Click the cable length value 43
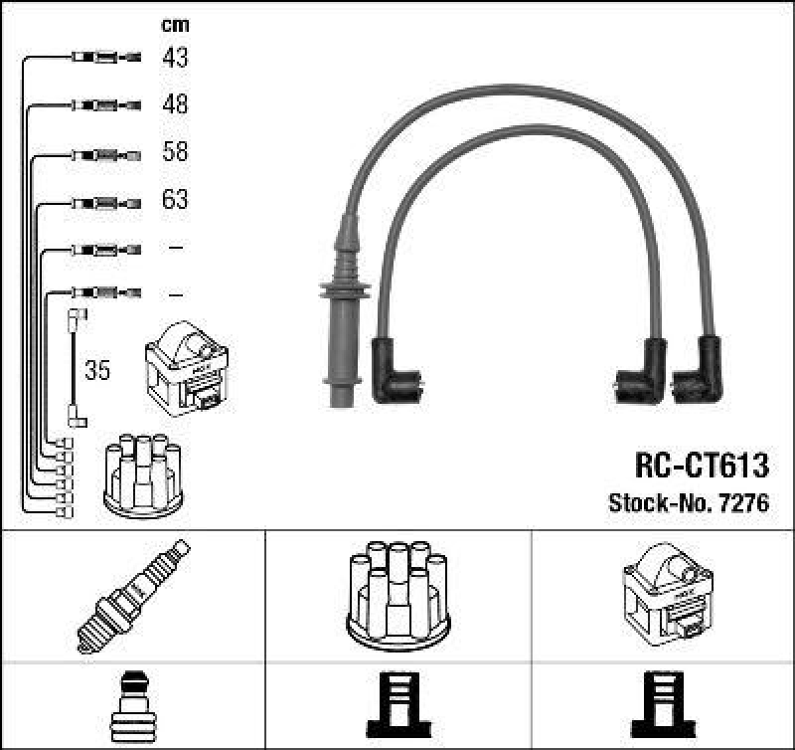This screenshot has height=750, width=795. [x=175, y=58]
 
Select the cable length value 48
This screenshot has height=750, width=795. [x=175, y=104]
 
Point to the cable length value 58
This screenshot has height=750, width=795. [x=175, y=152]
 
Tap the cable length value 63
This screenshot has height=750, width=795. [x=175, y=200]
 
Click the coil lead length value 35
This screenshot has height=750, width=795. [x=98, y=372]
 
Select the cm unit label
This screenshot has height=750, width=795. [x=175, y=25]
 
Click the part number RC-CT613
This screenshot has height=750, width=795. [x=702, y=466]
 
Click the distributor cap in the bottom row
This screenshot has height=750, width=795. [x=397, y=593]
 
